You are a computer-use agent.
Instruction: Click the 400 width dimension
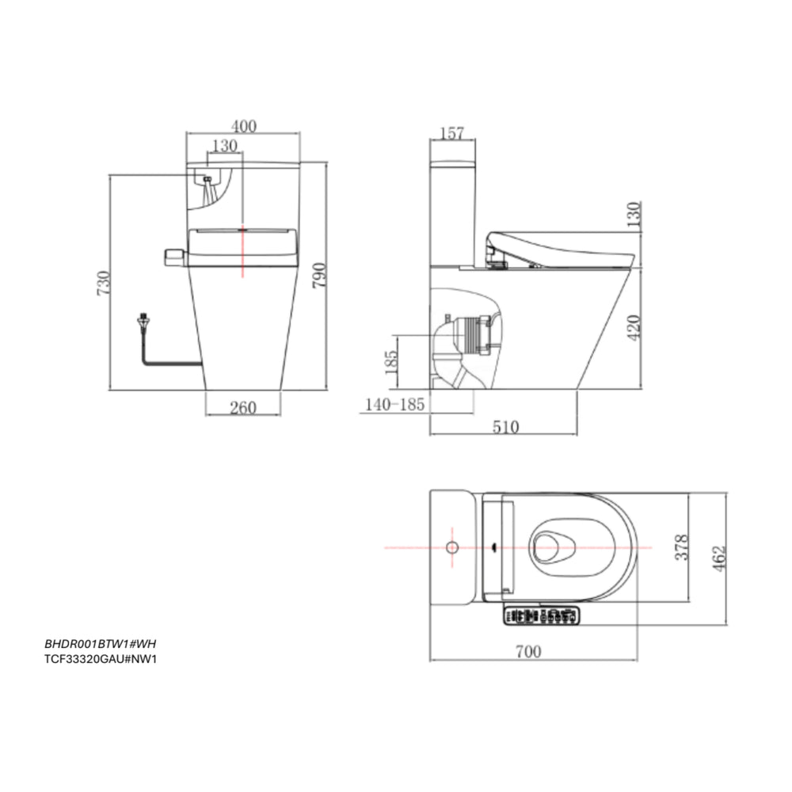click(x=244, y=126)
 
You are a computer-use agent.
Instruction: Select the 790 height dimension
click(x=319, y=276)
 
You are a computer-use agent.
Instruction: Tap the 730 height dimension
click(x=103, y=284)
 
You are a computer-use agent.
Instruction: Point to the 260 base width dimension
click(x=243, y=408)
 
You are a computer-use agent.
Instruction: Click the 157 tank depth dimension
click(x=452, y=133)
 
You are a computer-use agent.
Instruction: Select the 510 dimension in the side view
click(x=505, y=428)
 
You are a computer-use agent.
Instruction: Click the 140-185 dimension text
click(x=394, y=405)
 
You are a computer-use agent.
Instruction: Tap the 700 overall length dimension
click(x=528, y=652)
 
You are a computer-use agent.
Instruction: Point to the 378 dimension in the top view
click(x=682, y=547)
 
